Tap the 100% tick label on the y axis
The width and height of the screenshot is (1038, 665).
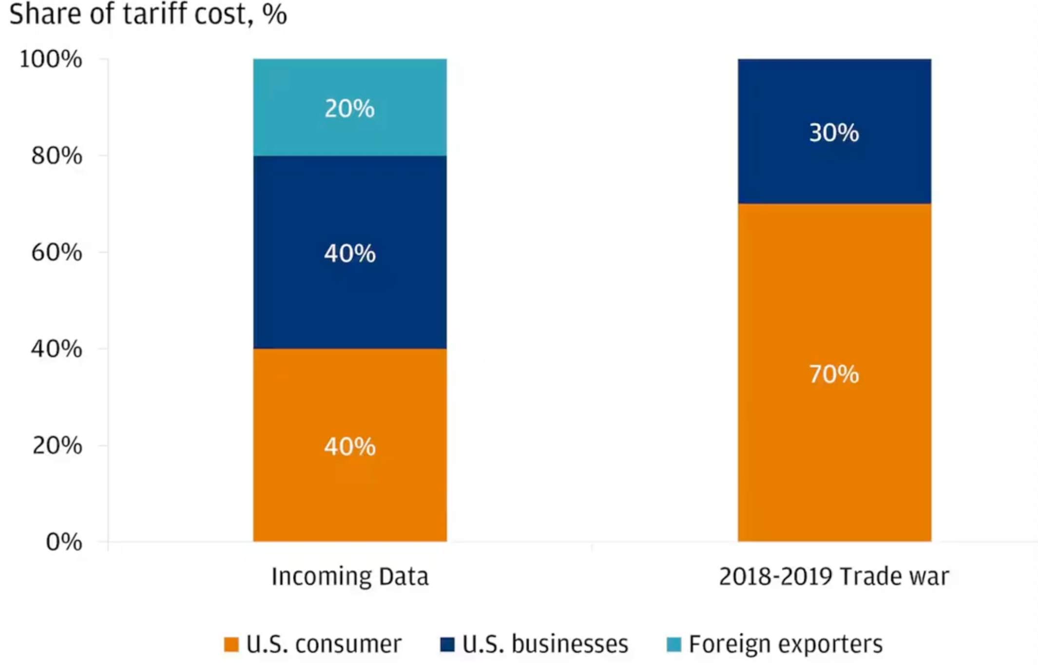tap(51, 59)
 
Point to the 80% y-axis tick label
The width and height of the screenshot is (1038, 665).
tap(57, 156)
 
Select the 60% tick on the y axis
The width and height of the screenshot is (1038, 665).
tap(57, 252)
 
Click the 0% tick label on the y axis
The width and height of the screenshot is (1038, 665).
tap(64, 542)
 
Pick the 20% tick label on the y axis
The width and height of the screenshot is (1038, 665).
tap(57, 445)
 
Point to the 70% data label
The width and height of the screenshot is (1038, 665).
tap(834, 374)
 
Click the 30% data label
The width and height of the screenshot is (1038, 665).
tap(834, 133)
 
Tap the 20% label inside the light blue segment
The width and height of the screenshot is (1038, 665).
tap(350, 108)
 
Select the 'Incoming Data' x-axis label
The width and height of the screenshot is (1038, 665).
tap(350, 576)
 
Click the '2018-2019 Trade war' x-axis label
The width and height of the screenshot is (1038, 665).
tap(834, 576)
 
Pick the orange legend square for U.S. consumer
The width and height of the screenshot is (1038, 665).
tap(231, 644)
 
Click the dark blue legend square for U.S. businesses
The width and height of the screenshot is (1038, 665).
tap(447, 644)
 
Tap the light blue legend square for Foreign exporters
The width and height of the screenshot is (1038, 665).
tap(674, 644)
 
